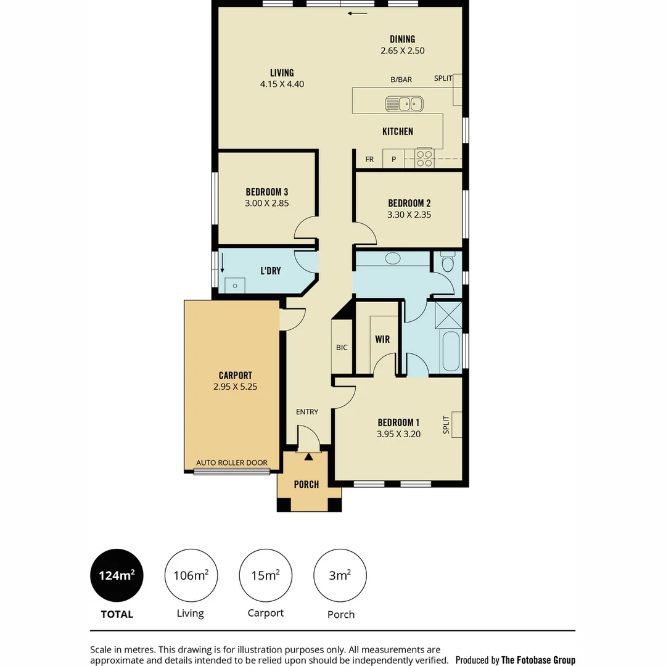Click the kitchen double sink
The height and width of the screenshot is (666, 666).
coord(405,104)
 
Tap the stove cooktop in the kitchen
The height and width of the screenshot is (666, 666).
coord(424,158)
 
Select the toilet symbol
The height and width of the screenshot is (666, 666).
coord(448,263)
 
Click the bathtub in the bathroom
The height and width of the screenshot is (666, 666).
coord(451,351)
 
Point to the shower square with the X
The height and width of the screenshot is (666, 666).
coord(448,315)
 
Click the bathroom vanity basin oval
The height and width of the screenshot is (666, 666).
coord(392,259)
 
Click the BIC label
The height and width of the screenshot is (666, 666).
coord(342,348)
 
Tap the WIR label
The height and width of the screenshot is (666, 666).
coord(382,339)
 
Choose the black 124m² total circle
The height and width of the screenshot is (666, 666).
coord(117,576)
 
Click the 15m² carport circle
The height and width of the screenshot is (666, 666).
coord(265,576)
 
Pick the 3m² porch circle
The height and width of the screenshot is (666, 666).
coord(340,576)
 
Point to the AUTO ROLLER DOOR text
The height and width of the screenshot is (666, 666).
coord(232,462)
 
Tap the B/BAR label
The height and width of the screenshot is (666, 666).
coord(401,80)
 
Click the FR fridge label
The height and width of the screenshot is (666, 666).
coord(369,160)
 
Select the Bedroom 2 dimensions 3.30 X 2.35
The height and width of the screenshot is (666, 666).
coord(409,215)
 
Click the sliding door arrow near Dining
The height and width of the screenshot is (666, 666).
coord(357,13)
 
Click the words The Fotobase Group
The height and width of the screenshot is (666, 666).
coord(538,660)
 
